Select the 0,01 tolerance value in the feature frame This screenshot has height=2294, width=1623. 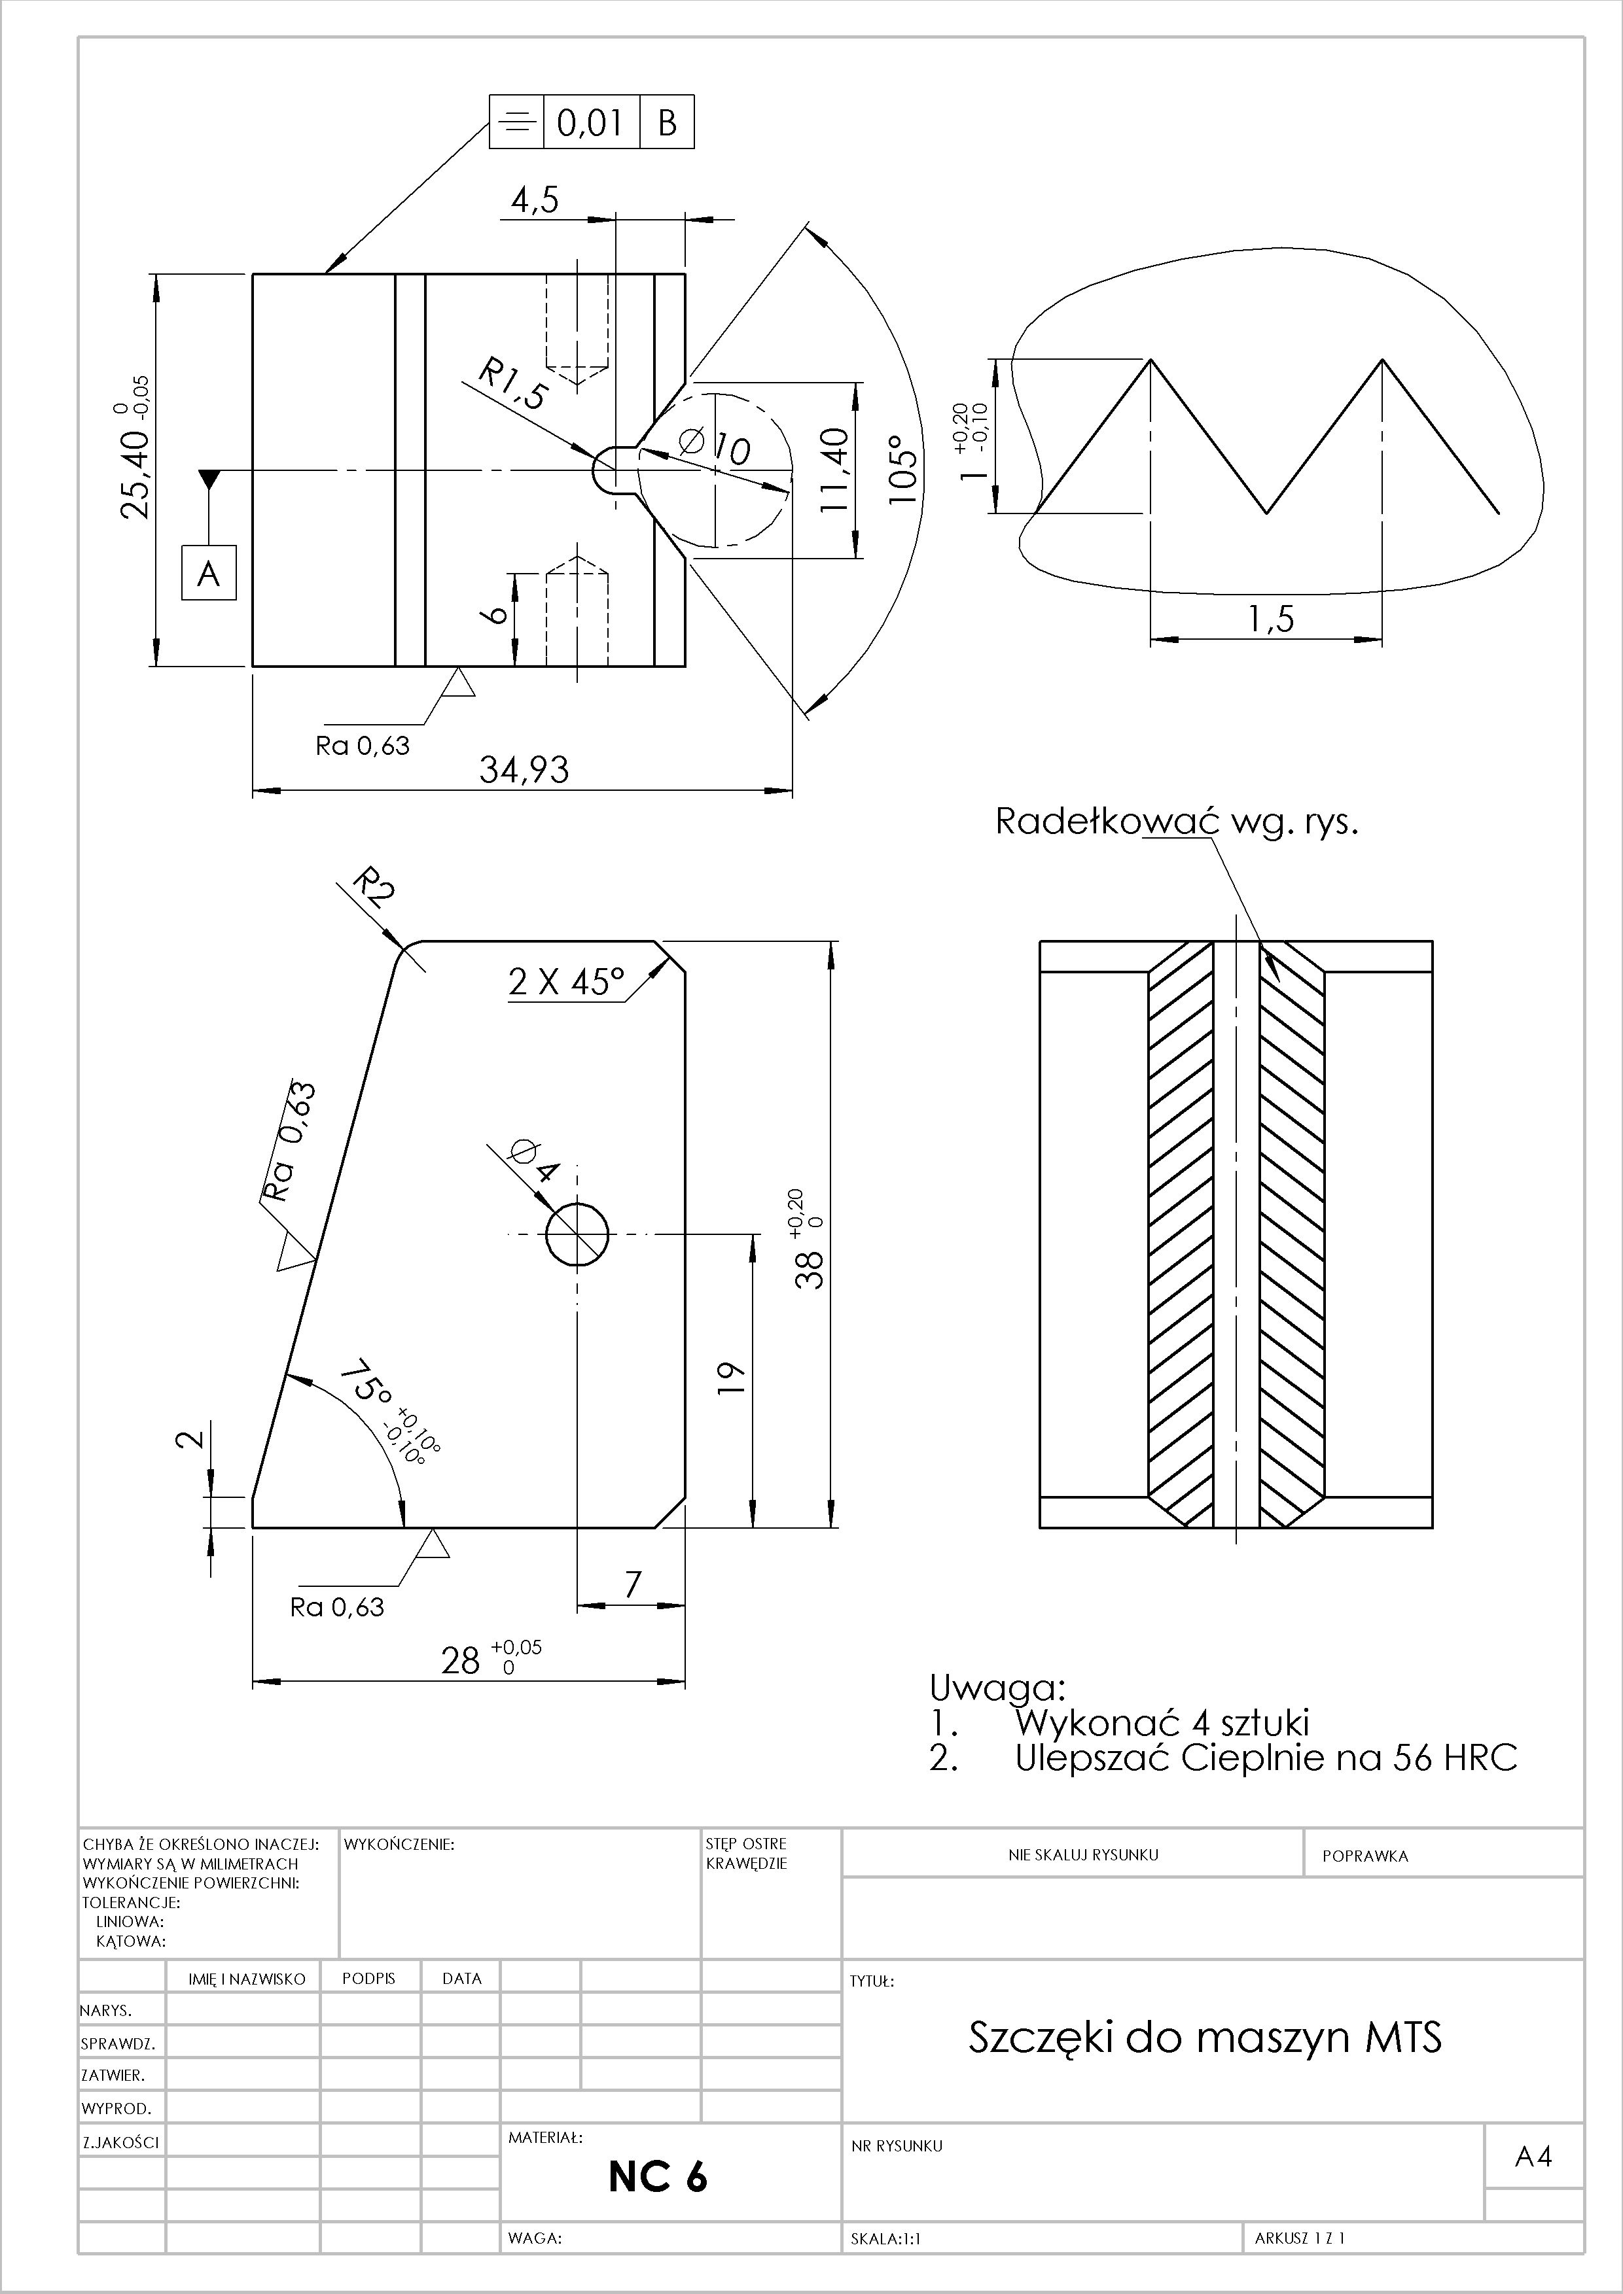(x=590, y=123)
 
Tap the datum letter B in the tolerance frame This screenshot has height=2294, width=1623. (x=667, y=123)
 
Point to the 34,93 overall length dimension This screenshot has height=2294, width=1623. (x=524, y=769)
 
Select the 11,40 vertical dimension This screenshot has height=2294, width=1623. (x=834, y=470)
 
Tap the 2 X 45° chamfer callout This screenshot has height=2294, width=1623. (x=565, y=982)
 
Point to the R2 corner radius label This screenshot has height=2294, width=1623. (x=374, y=887)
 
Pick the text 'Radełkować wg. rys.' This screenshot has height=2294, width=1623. (x=1176, y=822)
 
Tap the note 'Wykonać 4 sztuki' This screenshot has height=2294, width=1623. (x=1161, y=1722)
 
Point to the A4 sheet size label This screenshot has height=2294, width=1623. (x=1533, y=2157)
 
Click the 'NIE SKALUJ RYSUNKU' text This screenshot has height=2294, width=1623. (x=1083, y=1854)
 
